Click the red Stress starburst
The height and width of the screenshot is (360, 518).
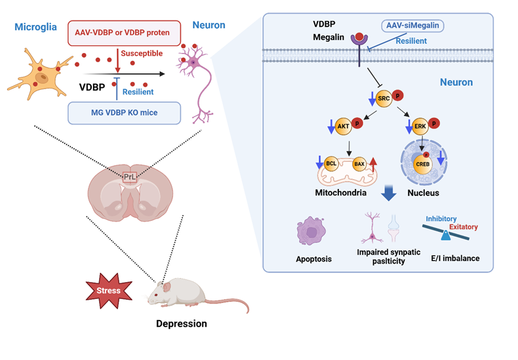(108, 290)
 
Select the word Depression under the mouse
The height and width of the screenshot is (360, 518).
(181, 324)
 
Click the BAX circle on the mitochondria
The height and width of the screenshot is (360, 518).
(359, 163)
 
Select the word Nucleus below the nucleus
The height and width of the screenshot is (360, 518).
(423, 193)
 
